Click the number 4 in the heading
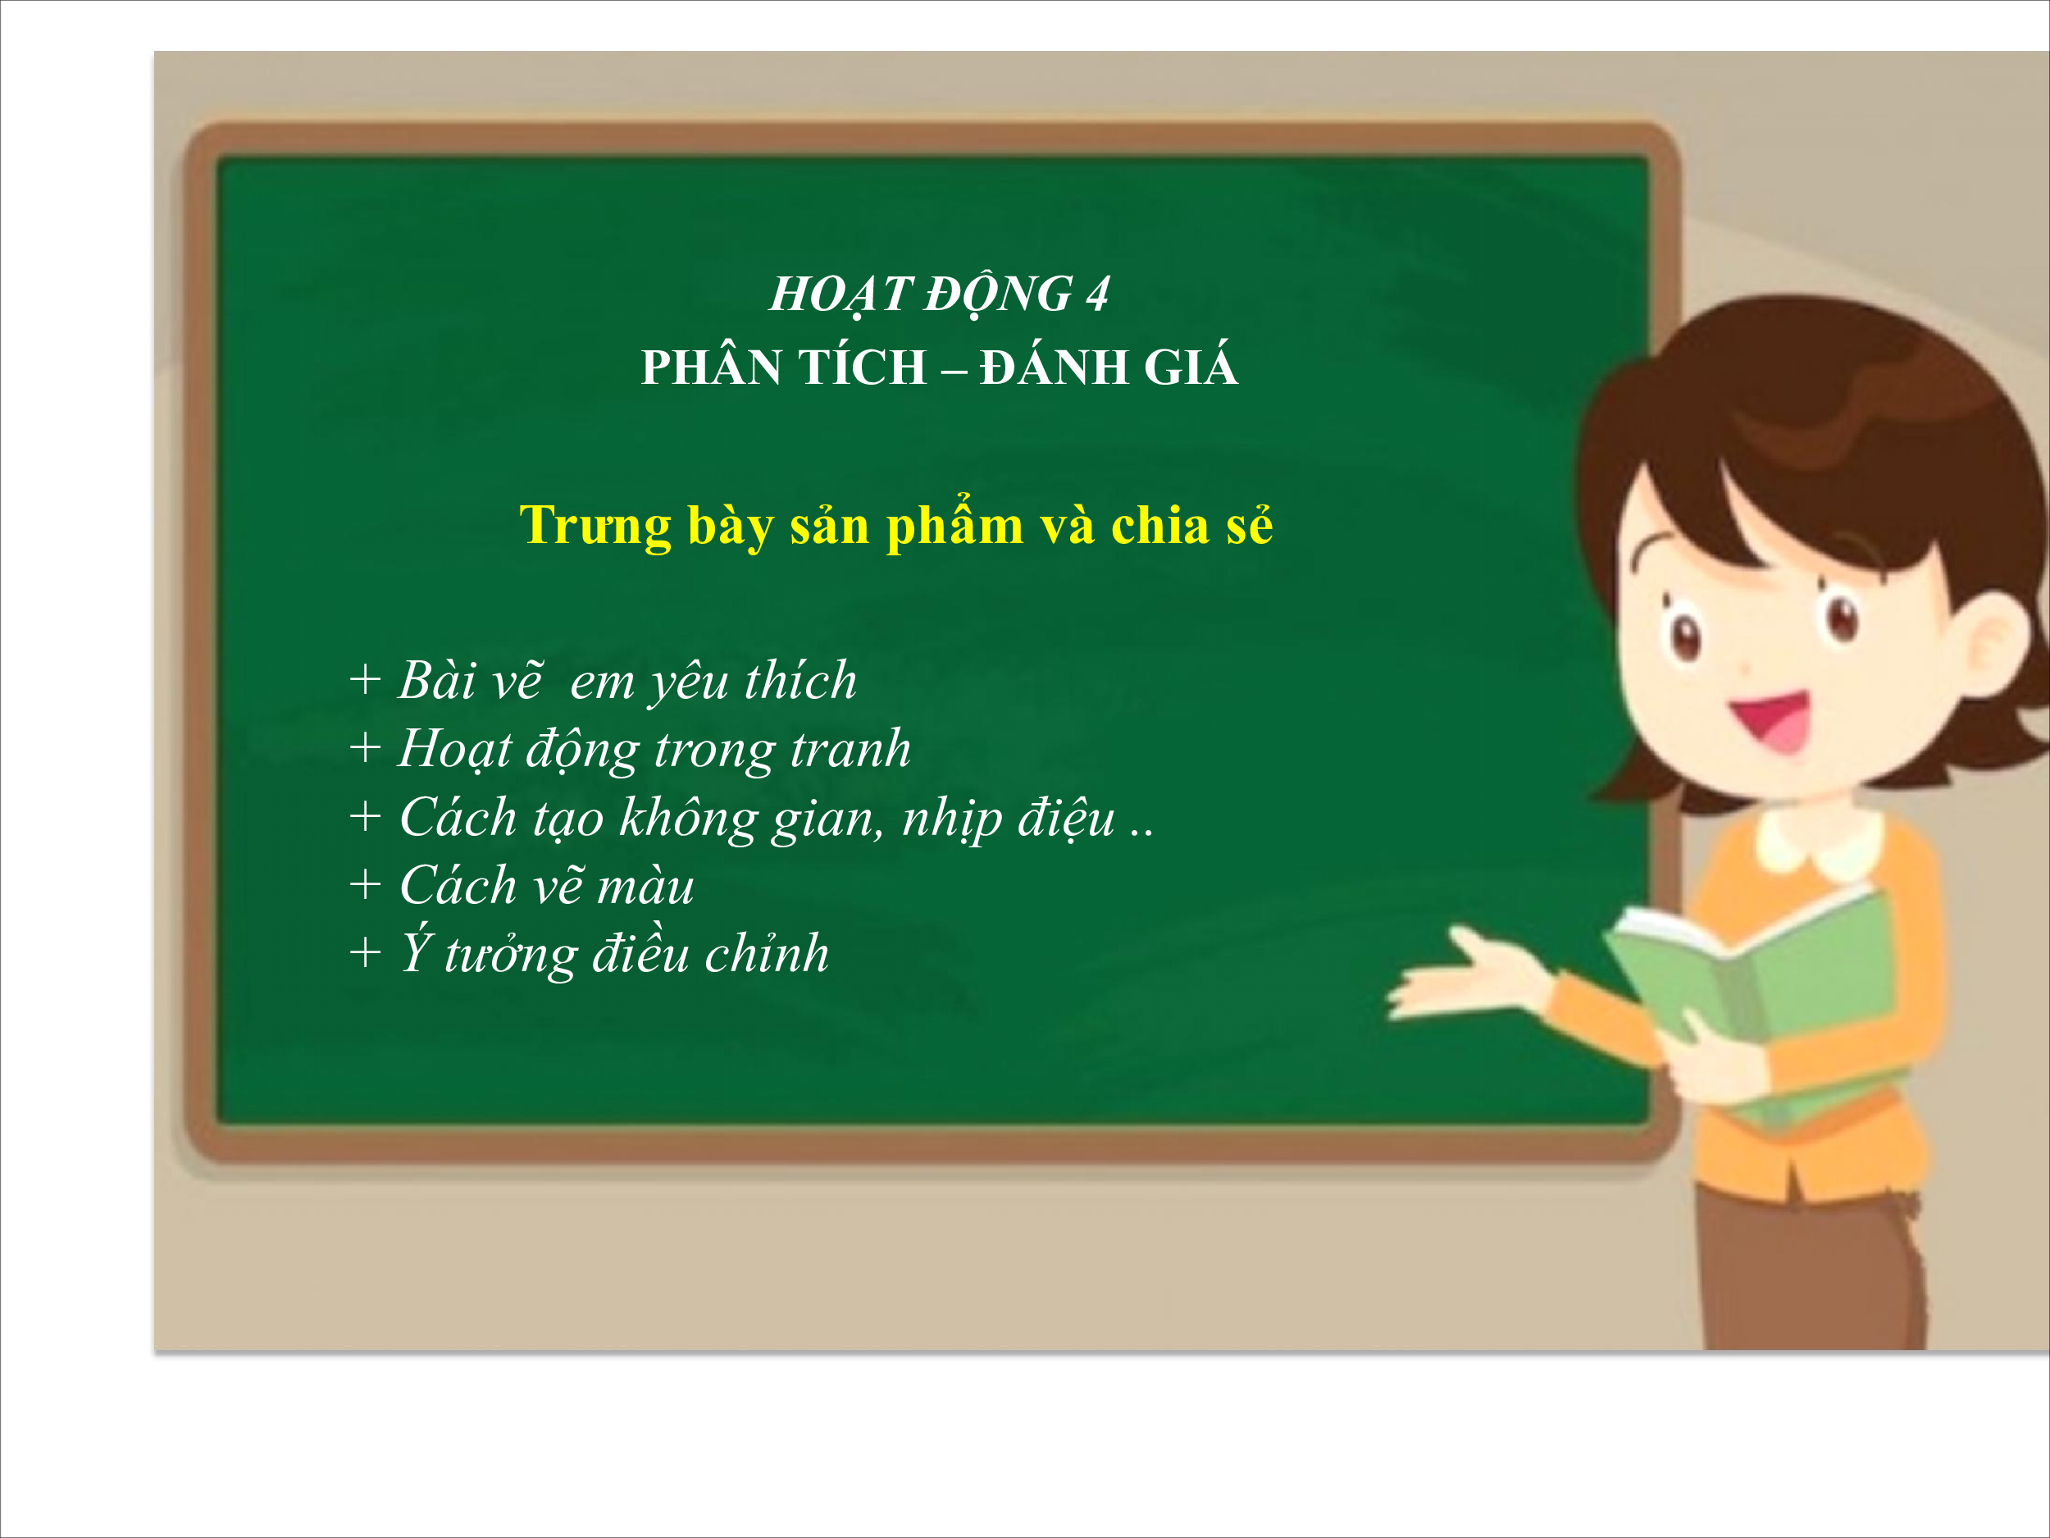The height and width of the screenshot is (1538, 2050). [x=1097, y=294]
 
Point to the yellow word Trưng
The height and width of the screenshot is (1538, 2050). [x=595, y=527]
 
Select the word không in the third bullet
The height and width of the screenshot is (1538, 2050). [x=688, y=819]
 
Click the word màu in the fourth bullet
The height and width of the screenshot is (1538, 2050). [x=646, y=886]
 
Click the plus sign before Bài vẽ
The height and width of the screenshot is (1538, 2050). [x=365, y=679]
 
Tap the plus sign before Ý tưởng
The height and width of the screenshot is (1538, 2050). [x=365, y=952]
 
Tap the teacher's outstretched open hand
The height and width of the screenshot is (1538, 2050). [x=1465, y=974]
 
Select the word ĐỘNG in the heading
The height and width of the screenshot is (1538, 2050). [x=998, y=294]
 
